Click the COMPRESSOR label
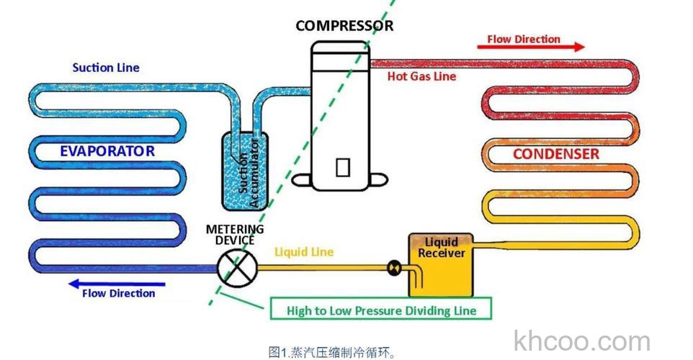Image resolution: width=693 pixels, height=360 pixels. pyautogui.click(x=344, y=26)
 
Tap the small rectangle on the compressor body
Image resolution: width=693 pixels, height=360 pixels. pyautogui.click(x=343, y=166)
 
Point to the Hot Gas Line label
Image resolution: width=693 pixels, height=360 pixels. pyautogui.click(x=421, y=76)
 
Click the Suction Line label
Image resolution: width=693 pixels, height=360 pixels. pyautogui.click(x=106, y=68)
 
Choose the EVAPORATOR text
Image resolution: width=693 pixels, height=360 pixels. pyautogui.click(x=107, y=151)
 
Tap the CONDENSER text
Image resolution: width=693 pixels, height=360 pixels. pyautogui.click(x=555, y=154)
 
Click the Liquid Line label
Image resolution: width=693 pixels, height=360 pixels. pyautogui.click(x=304, y=253)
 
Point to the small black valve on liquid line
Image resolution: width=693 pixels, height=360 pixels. pyautogui.click(x=393, y=268)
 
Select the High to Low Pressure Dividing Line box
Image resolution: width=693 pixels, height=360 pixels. pyautogui.click(x=381, y=310)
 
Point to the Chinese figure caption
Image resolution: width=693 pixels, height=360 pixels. pyautogui.click(x=331, y=352)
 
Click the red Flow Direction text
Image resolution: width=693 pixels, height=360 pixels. pyautogui.click(x=524, y=39)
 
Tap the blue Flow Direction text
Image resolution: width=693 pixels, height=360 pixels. pyautogui.click(x=119, y=294)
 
